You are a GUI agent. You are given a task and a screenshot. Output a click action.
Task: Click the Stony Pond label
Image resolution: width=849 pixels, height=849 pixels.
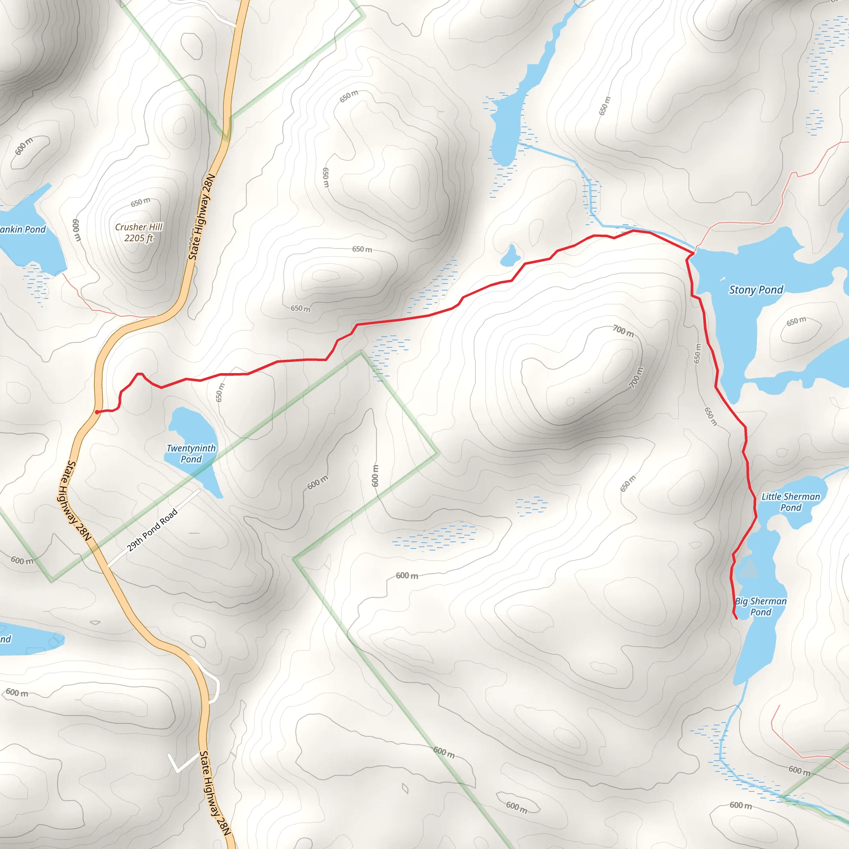tap(756, 290)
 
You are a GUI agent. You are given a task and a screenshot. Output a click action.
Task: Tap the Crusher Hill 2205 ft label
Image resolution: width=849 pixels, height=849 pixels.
tap(138, 233)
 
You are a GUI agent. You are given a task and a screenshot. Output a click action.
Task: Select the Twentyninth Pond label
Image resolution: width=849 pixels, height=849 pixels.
tap(191, 454)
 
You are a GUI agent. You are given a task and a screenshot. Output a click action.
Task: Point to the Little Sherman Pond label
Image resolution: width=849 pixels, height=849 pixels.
tap(791, 502)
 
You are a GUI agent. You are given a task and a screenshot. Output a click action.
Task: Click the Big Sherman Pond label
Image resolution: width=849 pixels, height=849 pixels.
tap(761, 606)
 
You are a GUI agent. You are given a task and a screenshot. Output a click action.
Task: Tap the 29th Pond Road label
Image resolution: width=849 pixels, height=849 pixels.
tap(152, 530)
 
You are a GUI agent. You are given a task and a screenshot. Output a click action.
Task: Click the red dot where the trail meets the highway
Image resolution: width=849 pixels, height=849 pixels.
tap(97, 412)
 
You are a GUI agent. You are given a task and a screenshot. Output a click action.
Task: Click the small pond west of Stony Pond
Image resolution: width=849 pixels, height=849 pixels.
tap(510, 256)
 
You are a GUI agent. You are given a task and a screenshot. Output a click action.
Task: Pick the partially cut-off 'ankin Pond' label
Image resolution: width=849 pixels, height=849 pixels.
tap(23, 229)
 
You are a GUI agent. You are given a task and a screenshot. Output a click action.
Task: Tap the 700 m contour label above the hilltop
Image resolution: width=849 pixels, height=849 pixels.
tap(623, 331)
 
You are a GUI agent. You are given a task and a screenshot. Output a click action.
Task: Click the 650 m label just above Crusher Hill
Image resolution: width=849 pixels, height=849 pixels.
tap(140, 203)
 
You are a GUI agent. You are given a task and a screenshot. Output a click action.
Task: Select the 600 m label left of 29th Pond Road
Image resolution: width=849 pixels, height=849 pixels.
tap(22, 561)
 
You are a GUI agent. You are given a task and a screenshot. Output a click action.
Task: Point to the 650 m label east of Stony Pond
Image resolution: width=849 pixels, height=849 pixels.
tap(796, 321)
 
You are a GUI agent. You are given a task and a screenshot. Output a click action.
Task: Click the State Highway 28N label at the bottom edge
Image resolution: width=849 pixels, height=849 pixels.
tap(214, 793)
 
